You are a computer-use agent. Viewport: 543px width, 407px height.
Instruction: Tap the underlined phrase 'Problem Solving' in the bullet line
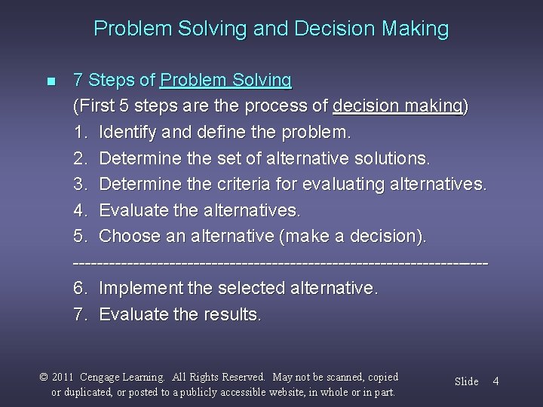click(x=226, y=80)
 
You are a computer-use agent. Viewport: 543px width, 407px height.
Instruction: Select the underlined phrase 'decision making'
click(x=399, y=106)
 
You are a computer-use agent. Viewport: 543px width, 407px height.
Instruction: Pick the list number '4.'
click(x=81, y=210)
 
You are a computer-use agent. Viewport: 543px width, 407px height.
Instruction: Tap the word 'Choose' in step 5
click(x=129, y=237)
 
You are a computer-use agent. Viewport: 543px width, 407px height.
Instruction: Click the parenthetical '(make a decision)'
click(x=352, y=237)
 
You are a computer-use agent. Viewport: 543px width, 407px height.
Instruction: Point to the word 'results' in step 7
click(x=232, y=314)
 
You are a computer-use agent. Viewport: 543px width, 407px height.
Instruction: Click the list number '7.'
click(x=81, y=314)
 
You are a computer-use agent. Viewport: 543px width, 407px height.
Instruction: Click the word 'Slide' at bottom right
click(x=466, y=381)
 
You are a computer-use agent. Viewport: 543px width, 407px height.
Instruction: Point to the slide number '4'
click(x=495, y=381)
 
